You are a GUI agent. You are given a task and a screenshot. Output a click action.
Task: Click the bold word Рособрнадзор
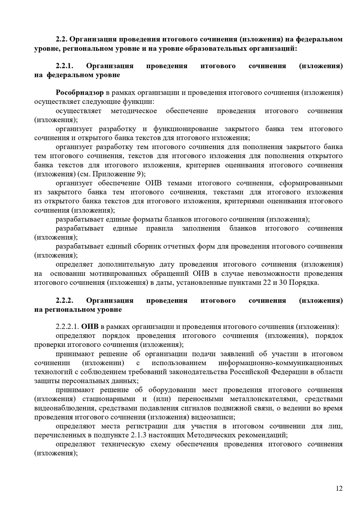tap(80, 93)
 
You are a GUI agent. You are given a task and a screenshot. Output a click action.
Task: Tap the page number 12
tap(339, 488)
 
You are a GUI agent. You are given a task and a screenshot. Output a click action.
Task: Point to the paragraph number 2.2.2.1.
tap(67, 327)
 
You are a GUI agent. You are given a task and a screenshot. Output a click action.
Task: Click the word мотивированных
tap(123, 274)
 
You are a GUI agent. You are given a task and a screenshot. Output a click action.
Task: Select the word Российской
tap(249, 372)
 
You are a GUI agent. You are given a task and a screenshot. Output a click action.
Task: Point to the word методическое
tap(134, 111)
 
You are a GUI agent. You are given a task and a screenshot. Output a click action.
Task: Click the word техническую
tap(123, 444)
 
